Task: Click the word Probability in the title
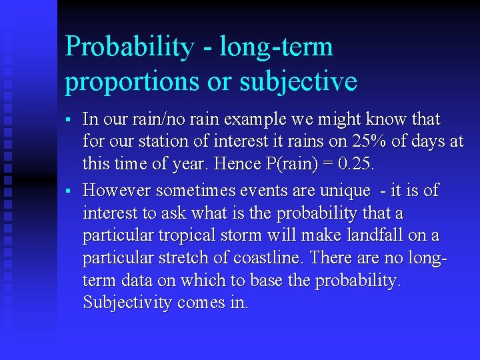point(129,47)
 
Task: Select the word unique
point(345,191)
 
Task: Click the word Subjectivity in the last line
point(128,303)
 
